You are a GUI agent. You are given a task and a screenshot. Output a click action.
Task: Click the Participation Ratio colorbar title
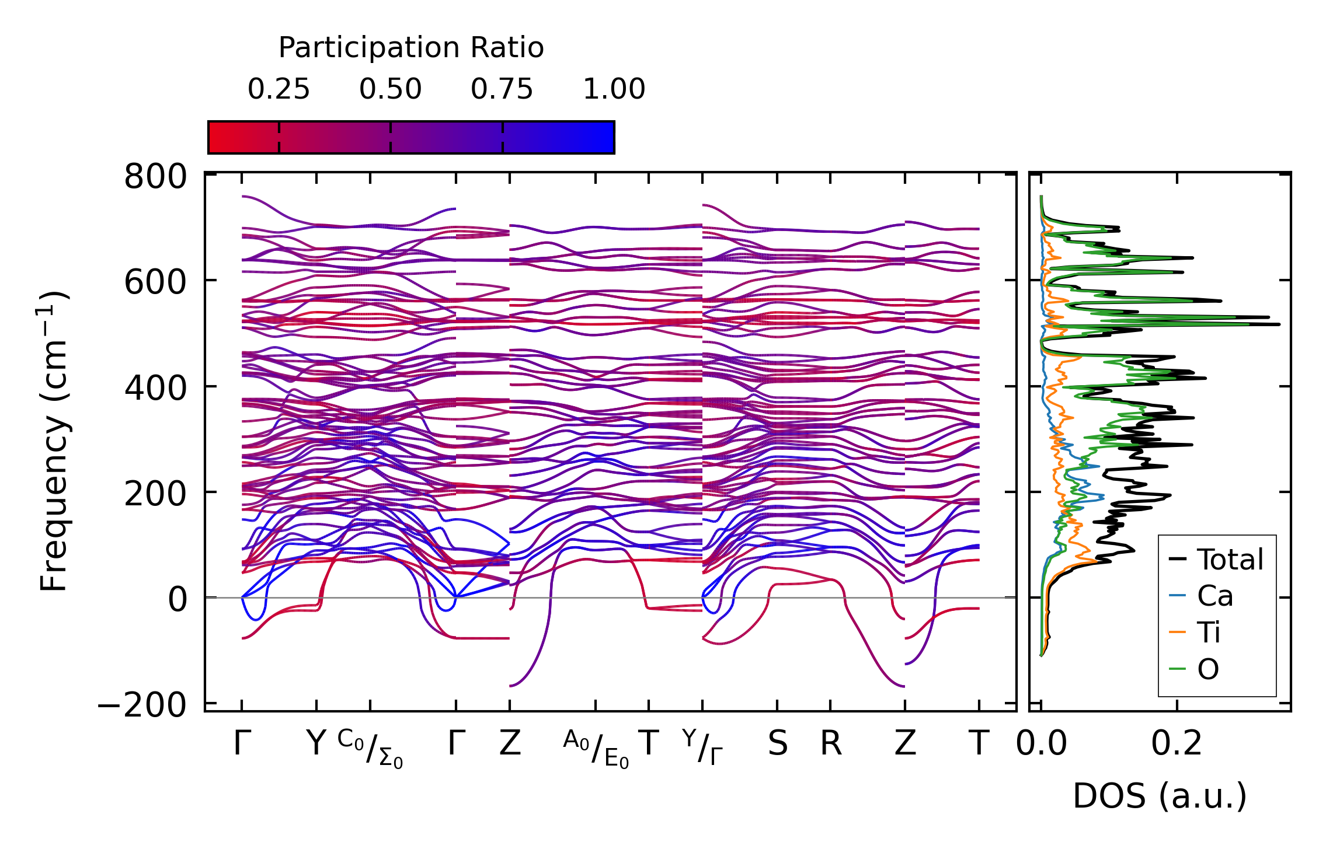[411, 48]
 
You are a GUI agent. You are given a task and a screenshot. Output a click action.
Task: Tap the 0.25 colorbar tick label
[279, 89]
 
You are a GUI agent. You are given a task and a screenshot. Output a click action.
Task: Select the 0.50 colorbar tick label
[390, 89]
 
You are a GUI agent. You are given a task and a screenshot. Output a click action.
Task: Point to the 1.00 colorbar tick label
[614, 89]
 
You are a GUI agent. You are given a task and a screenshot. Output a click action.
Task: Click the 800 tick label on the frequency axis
[155, 177]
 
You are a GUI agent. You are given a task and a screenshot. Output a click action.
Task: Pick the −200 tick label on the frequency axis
[142, 705]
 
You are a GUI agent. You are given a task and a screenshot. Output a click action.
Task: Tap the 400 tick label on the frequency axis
[155, 388]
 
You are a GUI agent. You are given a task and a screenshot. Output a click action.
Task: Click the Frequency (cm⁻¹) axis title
[54, 441]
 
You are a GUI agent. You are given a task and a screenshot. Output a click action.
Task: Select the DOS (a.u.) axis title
[1160, 796]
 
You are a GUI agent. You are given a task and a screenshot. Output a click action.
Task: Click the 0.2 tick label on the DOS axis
[1177, 744]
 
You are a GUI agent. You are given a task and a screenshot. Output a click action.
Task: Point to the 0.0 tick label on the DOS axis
[1042, 744]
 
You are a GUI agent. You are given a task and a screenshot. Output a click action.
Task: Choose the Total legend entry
[1230, 560]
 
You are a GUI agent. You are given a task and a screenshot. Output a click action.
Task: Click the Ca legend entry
[1214, 596]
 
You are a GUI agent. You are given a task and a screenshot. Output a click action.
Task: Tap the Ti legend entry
[1209, 633]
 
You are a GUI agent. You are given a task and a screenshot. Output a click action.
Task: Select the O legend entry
[1207, 669]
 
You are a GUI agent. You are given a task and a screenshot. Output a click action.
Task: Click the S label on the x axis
[777, 744]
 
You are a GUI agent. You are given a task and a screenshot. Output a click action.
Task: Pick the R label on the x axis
[831, 744]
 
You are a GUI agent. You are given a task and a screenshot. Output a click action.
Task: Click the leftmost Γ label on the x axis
[242, 744]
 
